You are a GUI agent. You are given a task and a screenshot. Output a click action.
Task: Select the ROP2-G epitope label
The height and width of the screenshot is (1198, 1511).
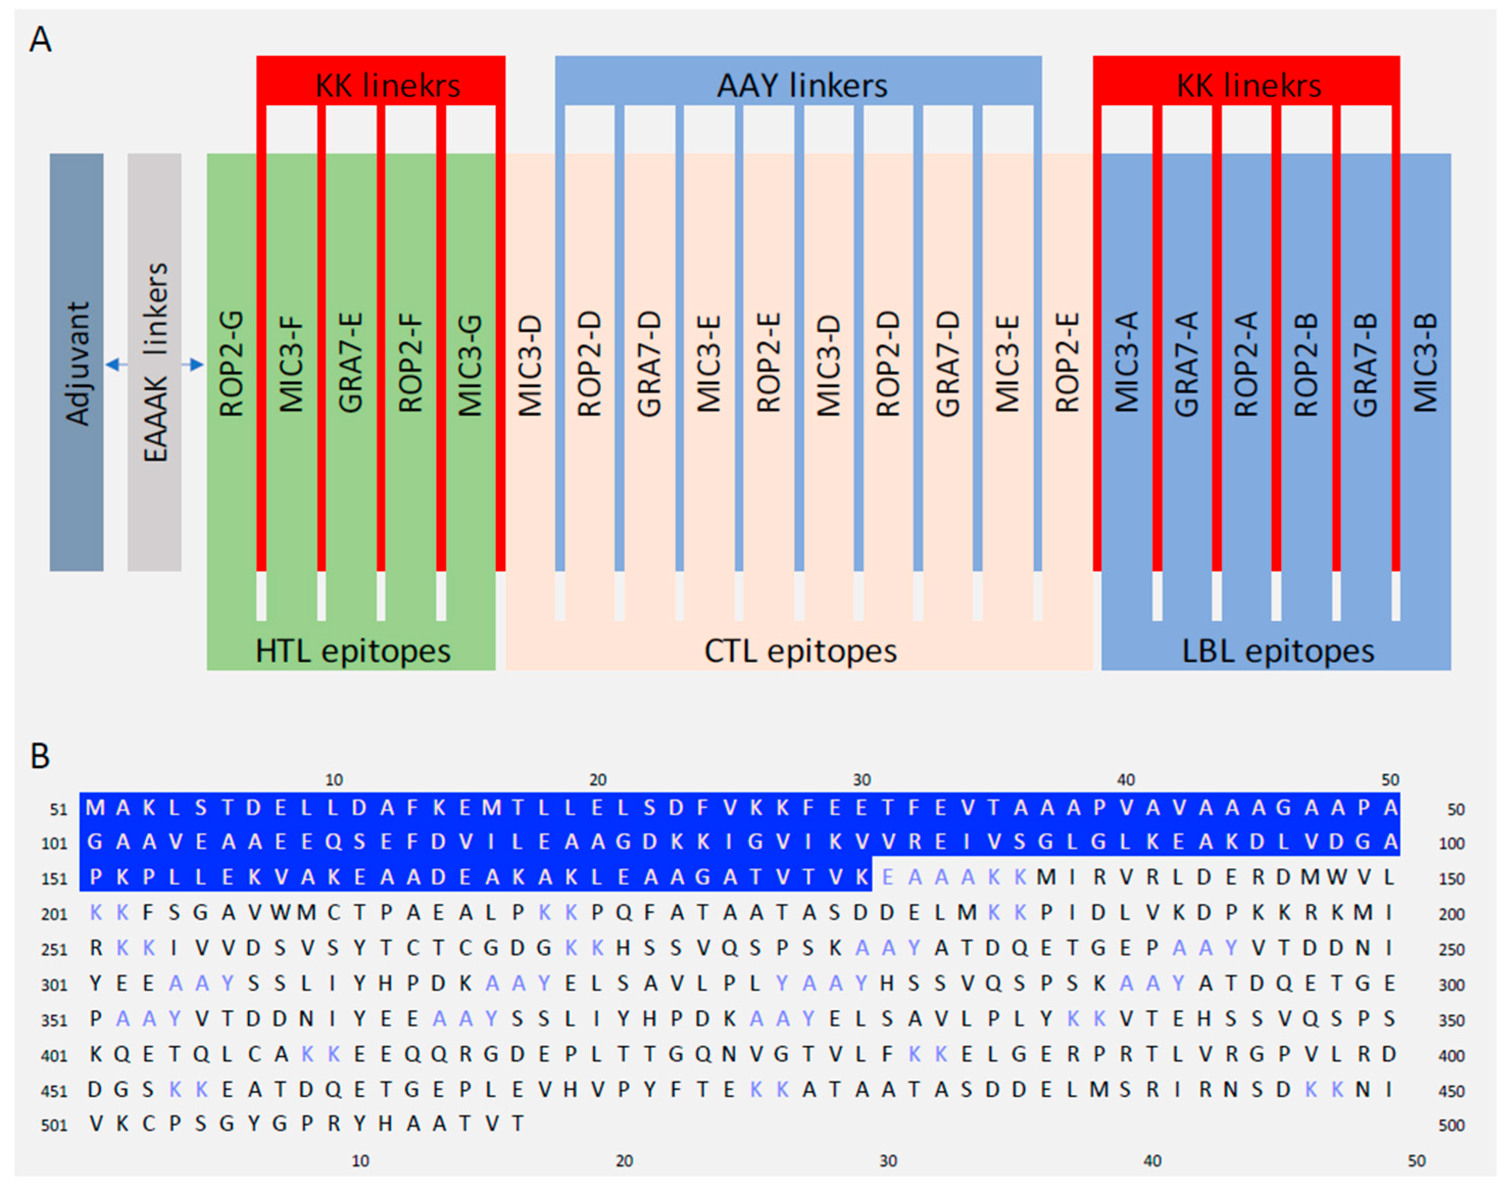pos(231,364)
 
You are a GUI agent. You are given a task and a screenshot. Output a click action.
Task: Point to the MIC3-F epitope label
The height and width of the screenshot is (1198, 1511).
pos(291,364)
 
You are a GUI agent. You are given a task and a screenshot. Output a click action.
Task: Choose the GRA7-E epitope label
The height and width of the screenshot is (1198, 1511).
pos(351,364)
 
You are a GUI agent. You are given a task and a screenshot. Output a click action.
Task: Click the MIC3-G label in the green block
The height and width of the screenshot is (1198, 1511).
pos(470,364)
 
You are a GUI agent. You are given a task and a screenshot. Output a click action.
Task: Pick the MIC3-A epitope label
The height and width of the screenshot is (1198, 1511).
pos(1127,364)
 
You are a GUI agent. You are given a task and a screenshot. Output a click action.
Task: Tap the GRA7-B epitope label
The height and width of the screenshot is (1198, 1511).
pos(1365,364)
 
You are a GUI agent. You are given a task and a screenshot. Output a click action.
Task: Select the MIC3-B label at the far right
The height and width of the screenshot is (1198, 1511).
pos(1425,364)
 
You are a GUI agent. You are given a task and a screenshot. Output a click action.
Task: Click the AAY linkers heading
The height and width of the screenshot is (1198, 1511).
pos(802,86)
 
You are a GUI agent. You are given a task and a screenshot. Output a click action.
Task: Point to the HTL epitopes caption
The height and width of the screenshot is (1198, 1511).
pos(353,651)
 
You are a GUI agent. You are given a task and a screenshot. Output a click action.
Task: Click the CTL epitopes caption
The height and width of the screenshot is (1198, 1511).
pos(800,651)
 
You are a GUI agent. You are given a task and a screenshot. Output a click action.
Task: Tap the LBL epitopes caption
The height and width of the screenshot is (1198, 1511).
pos(1278,651)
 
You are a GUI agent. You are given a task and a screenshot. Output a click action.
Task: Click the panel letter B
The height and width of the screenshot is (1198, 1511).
pos(40,756)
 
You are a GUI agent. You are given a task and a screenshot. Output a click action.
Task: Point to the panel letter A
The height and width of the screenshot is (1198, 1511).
pos(40,39)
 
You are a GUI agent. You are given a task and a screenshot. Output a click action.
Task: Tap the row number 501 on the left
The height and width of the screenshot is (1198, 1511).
pos(54,1125)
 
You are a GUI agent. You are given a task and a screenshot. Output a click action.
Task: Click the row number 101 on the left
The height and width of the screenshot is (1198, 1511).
pos(54,843)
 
